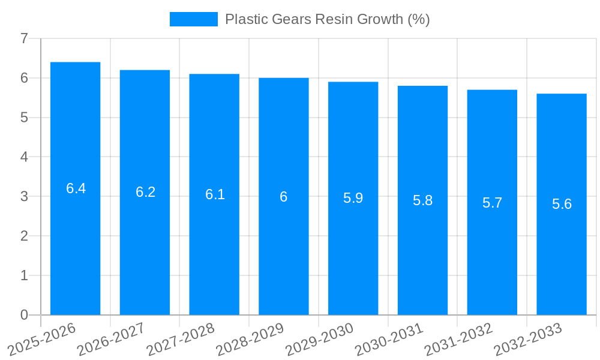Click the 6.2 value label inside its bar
point(145,192)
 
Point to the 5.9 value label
point(353,198)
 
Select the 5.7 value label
point(492,203)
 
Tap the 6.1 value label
point(215,194)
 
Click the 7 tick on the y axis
point(24,39)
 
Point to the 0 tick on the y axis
point(24,315)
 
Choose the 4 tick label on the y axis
point(24,157)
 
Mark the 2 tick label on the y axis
point(24,236)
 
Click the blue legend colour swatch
point(193,19)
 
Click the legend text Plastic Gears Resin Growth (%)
point(327,19)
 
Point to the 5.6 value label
point(562,204)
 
